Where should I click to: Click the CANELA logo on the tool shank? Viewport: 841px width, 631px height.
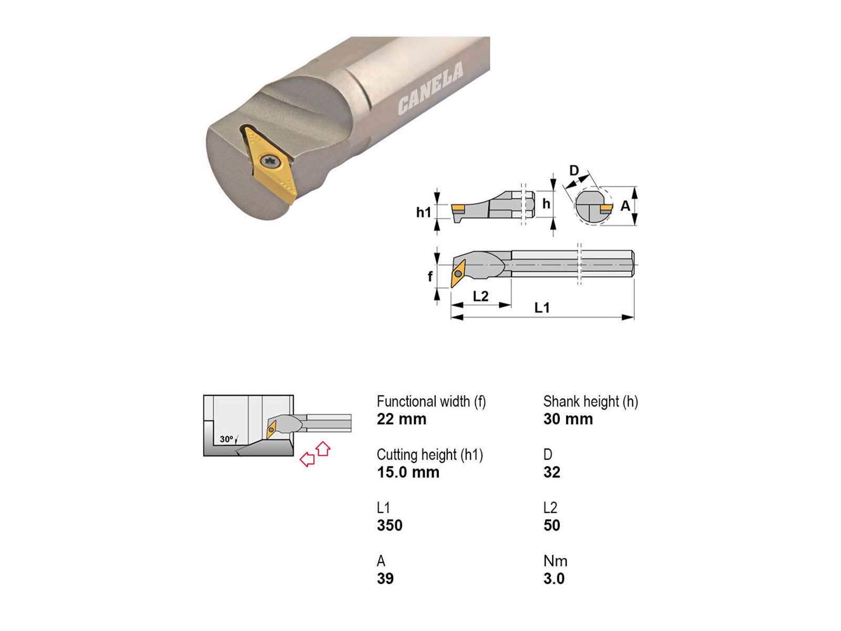point(430,88)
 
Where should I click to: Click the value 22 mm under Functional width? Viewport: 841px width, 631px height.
point(401,419)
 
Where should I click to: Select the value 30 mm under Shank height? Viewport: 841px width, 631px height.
point(568,419)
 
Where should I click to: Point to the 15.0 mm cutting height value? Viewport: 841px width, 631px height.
point(408,472)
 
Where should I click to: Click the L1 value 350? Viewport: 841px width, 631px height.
point(389,525)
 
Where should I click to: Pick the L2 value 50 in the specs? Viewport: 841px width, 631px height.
point(552,525)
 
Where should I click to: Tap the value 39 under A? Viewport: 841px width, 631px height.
point(385,578)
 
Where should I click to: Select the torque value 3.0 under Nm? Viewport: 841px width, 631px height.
point(553,578)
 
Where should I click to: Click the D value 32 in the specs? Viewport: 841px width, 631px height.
point(552,472)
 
